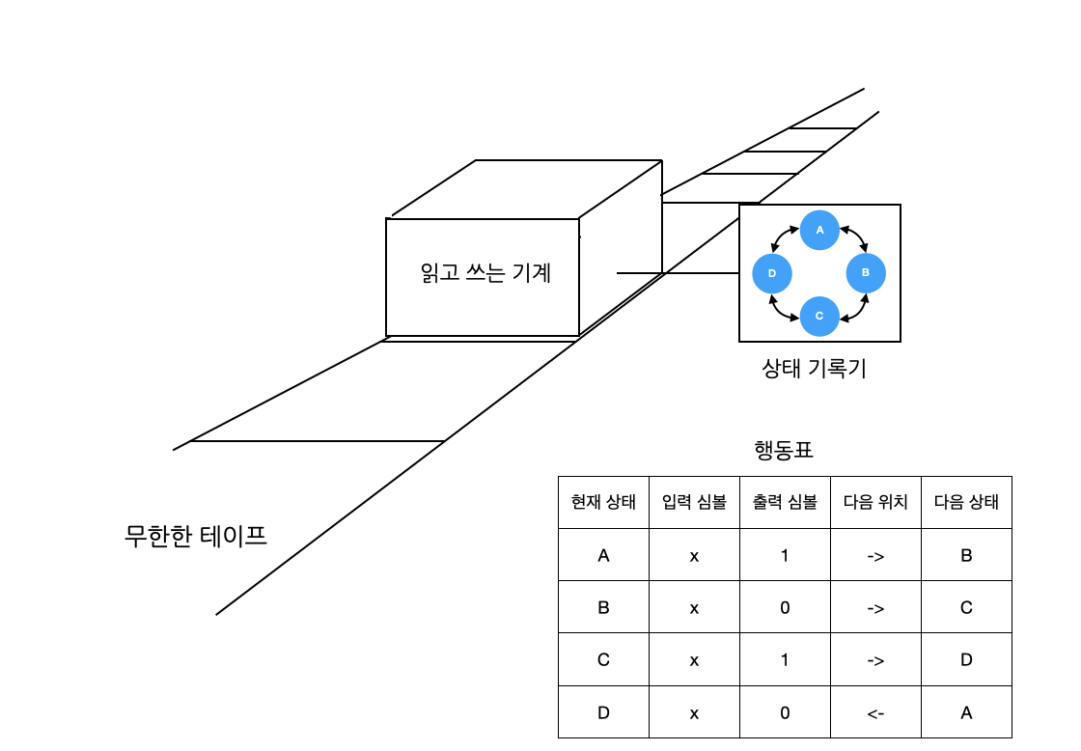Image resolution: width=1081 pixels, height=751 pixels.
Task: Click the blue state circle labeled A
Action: pyautogui.click(x=819, y=230)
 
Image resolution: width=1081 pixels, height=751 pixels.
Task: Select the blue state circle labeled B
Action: pyautogui.click(x=866, y=273)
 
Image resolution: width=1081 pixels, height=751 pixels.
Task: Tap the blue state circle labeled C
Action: pyautogui.click(x=819, y=316)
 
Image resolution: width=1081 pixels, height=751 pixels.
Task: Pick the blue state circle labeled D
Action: pyautogui.click(x=772, y=274)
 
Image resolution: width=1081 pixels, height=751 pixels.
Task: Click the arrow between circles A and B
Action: pyautogui.click(x=852, y=238)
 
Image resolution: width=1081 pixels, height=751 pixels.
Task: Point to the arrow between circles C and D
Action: pyautogui.click(x=783, y=308)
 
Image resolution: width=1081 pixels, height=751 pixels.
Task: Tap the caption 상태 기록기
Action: pyautogui.click(x=814, y=368)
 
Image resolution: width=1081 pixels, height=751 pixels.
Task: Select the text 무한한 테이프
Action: pyautogui.click(x=196, y=535)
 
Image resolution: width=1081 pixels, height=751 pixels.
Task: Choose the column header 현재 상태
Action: pyautogui.click(x=603, y=502)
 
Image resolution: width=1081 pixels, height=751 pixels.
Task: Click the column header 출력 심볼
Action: pyautogui.click(x=785, y=502)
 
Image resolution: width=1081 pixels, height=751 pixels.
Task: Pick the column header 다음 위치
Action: pyautogui.click(x=875, y=502)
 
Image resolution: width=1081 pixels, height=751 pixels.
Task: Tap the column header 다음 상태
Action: pyautogui.click(x=966, y=502)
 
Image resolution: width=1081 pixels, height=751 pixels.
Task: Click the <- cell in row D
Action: pyautogui.click(x=875, y=712)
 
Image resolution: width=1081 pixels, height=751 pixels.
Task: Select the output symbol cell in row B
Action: pyautogui.click(x=785, y=608)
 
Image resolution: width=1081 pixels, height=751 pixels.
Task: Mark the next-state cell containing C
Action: pyautogui.click(x=966, y=608)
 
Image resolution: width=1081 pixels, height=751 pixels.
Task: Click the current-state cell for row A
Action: pyautogui.click(x=603, y=555)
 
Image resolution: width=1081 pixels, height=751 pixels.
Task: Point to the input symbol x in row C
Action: pyautogui.click(x=694, y=660)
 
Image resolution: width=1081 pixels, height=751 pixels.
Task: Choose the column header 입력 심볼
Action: pyautogui.click(x=694, y=502)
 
